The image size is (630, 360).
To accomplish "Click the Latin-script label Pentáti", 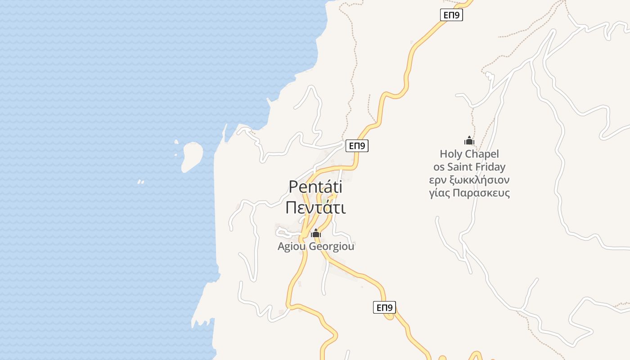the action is [x=315, y=187].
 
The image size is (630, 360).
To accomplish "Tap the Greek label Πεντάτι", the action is [x=315, y=208].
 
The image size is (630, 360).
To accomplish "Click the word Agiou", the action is [x=292, y=247].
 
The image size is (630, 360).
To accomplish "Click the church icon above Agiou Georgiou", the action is [x=316, y=233].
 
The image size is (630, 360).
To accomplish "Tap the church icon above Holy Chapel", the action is [x=469, y=140].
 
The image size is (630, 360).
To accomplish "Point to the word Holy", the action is [x=451, y=154].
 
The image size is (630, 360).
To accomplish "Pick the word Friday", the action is [x=491, y=167].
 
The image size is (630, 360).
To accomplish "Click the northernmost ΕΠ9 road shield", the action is [x=451, y=15].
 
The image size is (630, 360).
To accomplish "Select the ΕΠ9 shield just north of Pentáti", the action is [x=357, y=146].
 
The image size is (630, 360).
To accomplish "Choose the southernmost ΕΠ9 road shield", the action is [x=384, y=308].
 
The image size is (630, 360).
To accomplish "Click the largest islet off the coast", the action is [x=192, y=156].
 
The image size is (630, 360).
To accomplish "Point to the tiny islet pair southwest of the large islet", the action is [x=140, y=182].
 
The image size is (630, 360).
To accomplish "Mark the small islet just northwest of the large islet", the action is [x=176, y=142].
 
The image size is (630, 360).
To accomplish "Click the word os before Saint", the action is [x=439, y=167].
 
